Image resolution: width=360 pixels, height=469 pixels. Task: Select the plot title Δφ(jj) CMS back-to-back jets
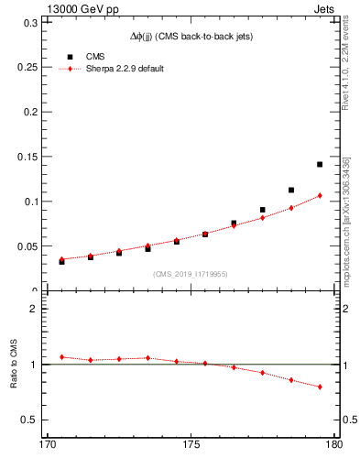pyautogui.click(x=191, y=37)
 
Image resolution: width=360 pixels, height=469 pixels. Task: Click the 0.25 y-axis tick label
pyautogui.click(x=24, y=67)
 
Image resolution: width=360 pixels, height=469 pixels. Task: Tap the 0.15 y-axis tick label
pyautogui.click(x=24, y=157)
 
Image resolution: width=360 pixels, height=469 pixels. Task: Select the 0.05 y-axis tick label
pyautogui.click(x=24, y=246)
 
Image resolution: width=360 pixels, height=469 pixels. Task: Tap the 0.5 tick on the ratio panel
pyautogui.click(x=30, y=420)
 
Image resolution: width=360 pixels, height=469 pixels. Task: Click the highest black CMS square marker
pyautogui.click(x=320, y=164)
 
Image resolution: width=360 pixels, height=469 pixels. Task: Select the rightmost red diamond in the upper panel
pyautogui.click(x=320, y=195)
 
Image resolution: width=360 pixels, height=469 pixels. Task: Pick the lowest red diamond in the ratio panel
pyautogui.click(x=320, y=387)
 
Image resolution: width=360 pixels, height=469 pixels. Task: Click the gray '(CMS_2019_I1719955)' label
pyautogui.click(x=191, y=272)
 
